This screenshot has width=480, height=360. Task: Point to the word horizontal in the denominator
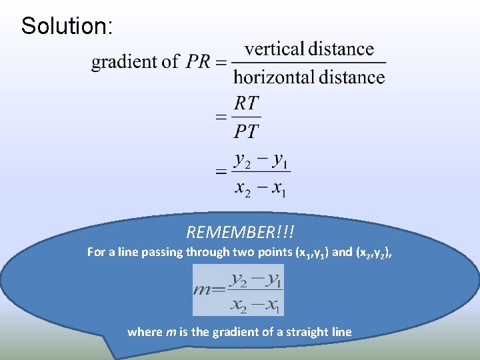click(x=274, y=77)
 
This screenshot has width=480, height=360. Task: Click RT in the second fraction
click(x=246, y=103)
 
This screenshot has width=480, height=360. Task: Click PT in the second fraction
click(x=246, y=131)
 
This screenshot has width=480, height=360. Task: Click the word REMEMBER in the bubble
click(x=233, y=232)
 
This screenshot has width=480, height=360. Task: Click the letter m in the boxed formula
click(x=201, y=290)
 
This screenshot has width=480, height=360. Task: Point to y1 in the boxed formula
click(x=273, y=280)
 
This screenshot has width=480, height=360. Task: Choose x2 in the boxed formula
click(x=239, y=305)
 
